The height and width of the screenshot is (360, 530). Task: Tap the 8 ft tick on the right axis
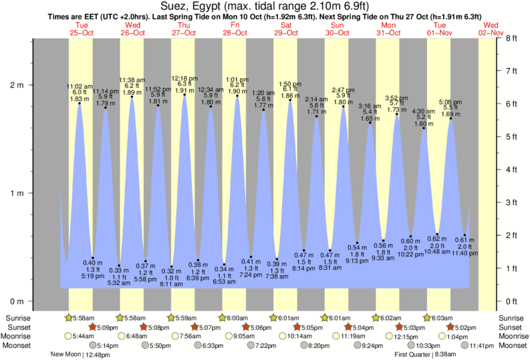click(513, 38)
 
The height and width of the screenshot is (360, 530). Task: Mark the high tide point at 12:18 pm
click(184, 94)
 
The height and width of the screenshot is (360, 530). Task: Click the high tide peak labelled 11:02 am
click(79, 103)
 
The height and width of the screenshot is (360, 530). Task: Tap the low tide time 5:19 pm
click(92, 275)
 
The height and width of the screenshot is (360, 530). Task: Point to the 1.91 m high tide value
click(184, 89)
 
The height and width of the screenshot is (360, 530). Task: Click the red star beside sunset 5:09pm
click(92, 327)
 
